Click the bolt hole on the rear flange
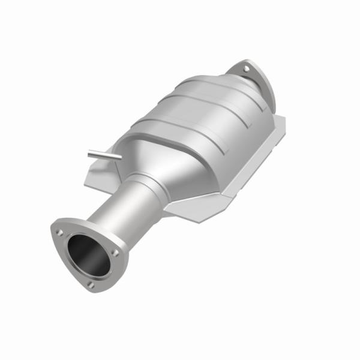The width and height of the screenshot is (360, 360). click(246, 70)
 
